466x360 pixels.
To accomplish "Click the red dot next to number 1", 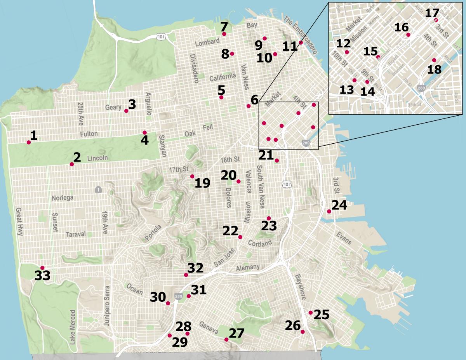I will click(29, 143).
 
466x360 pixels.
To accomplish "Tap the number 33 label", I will click(42, 276).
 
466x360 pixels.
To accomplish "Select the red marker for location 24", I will click(329, 211).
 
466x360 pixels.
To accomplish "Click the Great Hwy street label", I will click(20, 222).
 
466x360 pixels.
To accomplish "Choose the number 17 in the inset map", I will click(431, 13).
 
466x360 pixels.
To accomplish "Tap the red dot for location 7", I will click(224, 34).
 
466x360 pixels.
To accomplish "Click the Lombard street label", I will click(205, 43).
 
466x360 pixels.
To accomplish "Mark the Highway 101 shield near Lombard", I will click(160, 36).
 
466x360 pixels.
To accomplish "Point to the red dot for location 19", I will click(192, 176).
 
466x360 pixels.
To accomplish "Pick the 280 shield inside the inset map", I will click(421, 88).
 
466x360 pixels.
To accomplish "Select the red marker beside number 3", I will click(126, 111).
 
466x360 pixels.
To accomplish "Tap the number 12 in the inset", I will click(343, 43).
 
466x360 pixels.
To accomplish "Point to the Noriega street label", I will click(62, 198).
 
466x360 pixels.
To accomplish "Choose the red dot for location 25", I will click(311, 313).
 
